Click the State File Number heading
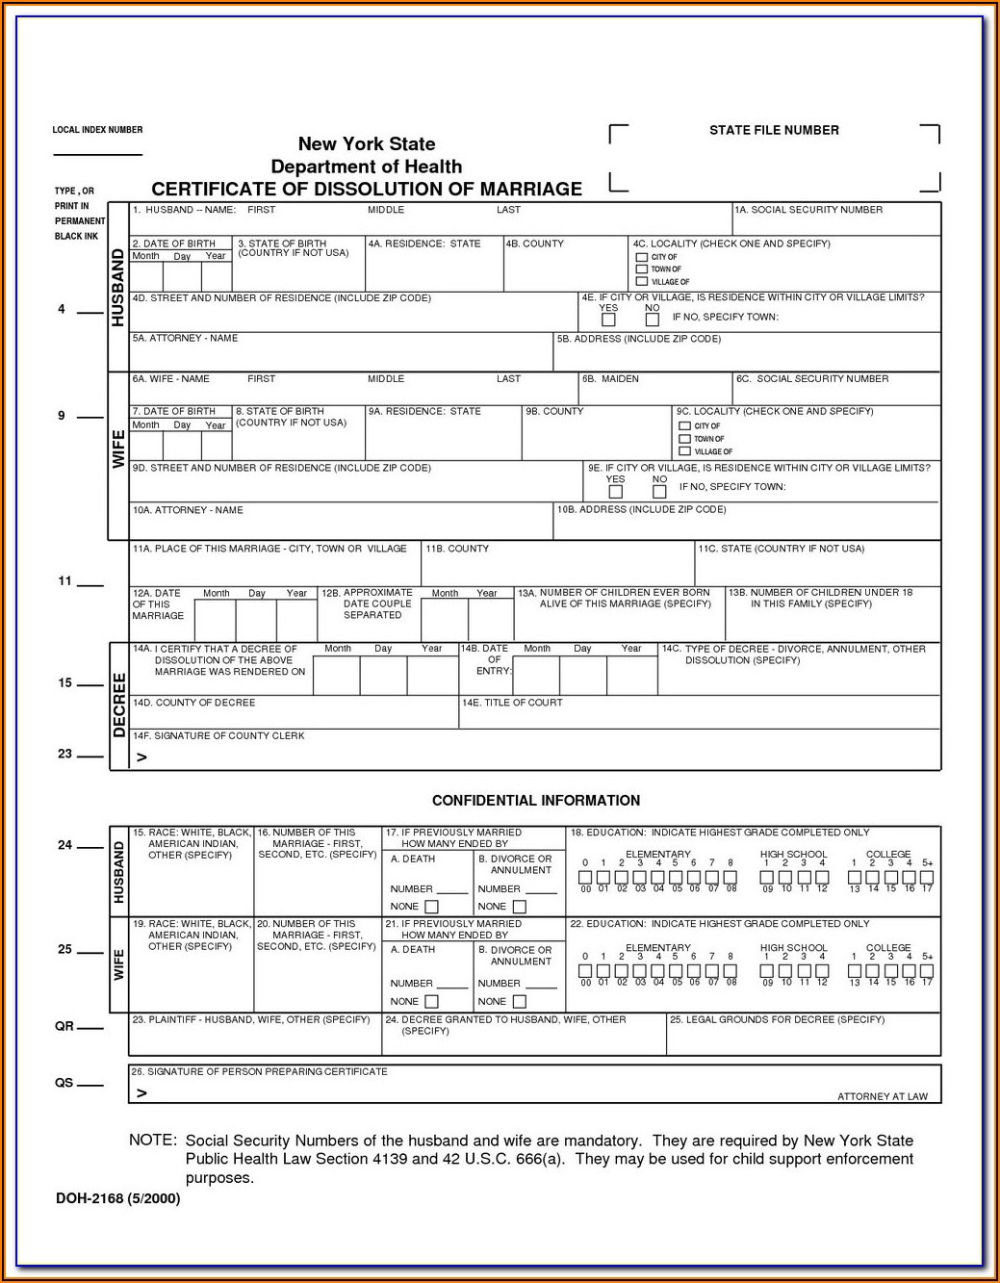pos(774,130)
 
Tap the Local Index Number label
pos(97,130)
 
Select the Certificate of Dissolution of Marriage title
pos(367,189)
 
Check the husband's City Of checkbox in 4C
pos(642,257)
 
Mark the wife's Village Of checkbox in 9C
pos(685,451)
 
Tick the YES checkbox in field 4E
pos(608,320)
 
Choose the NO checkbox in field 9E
pos(659,492)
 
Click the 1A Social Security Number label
pos(808,210)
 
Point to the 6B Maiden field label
pos(610,379)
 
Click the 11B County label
pos(457,549)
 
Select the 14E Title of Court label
pos(512,703)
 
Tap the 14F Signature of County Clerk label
pos(218,735)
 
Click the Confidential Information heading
pos(535,801)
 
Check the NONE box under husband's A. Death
pos(431,907)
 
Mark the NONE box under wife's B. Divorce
pos(519,1002)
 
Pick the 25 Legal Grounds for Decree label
pos(777,1019)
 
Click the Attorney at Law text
pos(883,1096)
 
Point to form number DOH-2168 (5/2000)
pos(117,1198)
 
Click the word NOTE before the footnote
pos(152,1141)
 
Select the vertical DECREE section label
pos(119,706)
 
